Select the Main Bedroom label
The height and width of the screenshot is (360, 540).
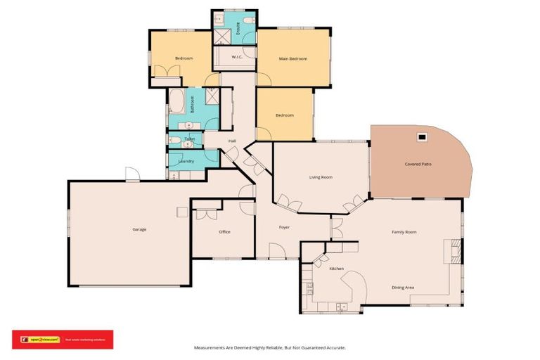293,58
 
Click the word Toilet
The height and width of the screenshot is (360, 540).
189,139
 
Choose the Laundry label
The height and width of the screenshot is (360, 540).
186,161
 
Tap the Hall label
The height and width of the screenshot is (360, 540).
231,141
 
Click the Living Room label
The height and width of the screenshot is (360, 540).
321,177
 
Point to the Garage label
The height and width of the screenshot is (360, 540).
139,229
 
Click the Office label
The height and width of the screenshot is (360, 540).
224,231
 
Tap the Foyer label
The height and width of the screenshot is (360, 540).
284,227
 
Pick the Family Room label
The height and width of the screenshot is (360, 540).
404,231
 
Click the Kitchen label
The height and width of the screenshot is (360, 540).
337,269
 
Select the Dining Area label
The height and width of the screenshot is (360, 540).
403,287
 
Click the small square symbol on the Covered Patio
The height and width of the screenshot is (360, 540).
422,137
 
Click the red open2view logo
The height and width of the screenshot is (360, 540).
44,340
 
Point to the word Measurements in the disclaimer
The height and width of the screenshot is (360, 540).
210,347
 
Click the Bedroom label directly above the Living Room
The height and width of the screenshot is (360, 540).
284,115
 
